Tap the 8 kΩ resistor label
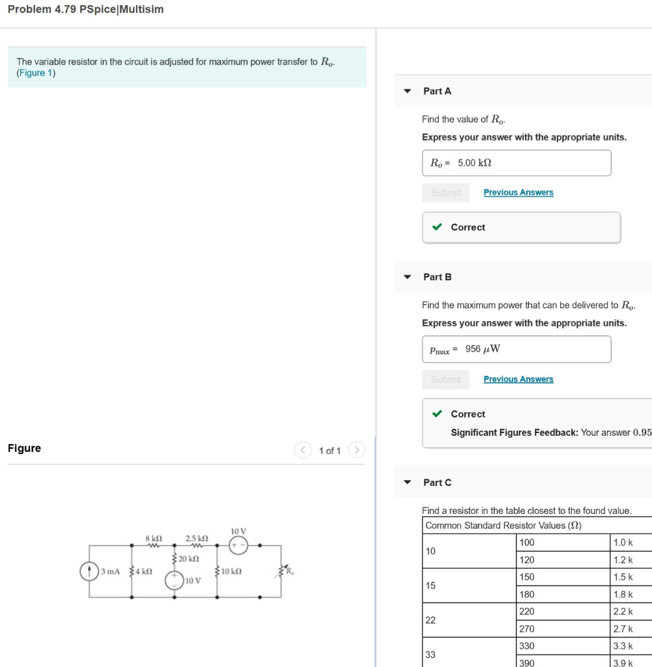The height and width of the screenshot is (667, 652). (x=154, y=539)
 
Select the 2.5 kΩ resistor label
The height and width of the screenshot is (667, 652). (x=196, y=539)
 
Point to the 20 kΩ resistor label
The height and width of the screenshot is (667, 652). (x=189, y=559)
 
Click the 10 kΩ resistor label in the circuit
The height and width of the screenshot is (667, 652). (x=231, y=571)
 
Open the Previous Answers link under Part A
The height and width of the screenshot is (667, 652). (x=518, y=192)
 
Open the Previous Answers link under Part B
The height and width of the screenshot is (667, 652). (x=518, y=379)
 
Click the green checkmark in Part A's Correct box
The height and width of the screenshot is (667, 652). (x=438, y=227)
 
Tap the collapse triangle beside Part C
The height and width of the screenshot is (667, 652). (x=407, y=483)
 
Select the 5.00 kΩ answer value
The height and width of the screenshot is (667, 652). (x=474, y=163)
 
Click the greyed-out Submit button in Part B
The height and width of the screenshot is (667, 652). (x=446, y=379)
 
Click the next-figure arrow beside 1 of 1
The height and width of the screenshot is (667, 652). (x=356, y=450)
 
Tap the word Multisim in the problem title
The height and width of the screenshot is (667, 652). (x=141, y=9)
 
